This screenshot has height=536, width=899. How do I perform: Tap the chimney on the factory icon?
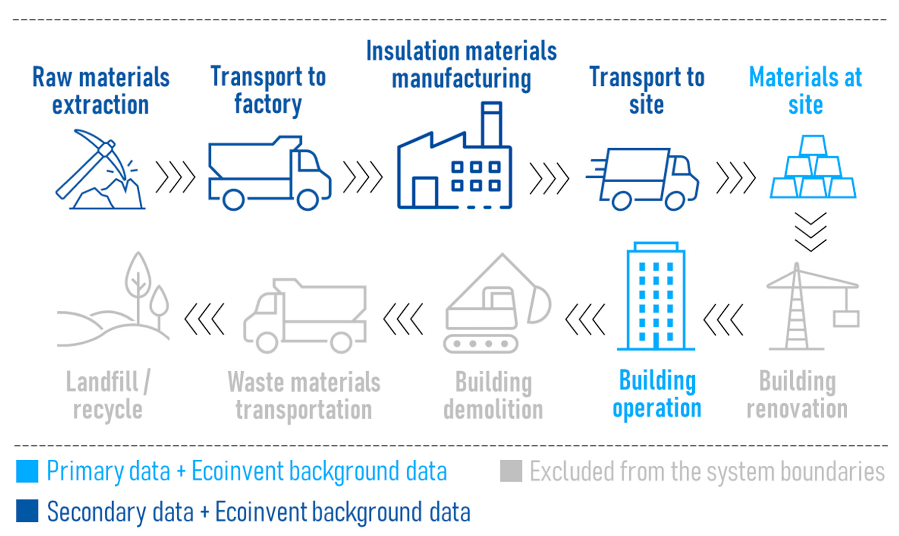pyautogui.click(x=492, y=125)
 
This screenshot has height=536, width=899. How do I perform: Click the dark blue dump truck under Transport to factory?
pyautogui.click(x=269, y=173)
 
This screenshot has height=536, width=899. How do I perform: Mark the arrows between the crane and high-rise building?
pyautogui.click(x=723, y=320)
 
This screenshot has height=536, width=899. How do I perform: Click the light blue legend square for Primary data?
pyautogui.click(x=27, y=471)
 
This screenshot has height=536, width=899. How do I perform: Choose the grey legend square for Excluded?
pyautogui.click(x=511, y=471)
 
